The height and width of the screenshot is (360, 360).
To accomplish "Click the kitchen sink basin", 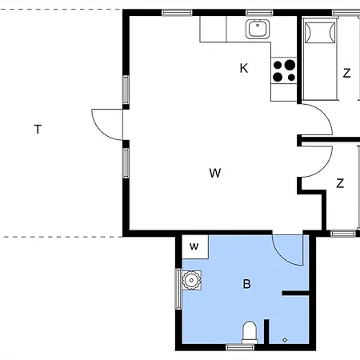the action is (x=258, y=29).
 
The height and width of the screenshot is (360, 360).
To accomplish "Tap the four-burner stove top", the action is (x=284, y=70).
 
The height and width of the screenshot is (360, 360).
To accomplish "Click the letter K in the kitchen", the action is (x=244, y=68).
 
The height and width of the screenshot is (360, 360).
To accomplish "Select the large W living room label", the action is (x=215, y=173).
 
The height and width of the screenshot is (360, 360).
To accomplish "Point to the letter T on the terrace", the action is (x=38, y=129).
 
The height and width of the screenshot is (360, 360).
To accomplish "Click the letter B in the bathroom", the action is (x=247, y=284).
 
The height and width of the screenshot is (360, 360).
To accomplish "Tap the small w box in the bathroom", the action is (x=195, y=246).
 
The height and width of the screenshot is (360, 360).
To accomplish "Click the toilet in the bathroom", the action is (x=250, y=333).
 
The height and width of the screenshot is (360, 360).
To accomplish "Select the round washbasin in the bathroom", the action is (x=191, y=280).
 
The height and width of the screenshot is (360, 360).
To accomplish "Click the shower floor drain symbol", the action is (x=285, y=340).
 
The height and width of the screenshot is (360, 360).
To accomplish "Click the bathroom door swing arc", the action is (x=282, y=257).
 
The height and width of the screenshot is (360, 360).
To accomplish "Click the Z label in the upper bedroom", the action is (x=346, y=73).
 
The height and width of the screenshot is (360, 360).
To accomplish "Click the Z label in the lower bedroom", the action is (x=340, y=183).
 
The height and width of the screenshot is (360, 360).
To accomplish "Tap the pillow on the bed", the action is (x=320, y=33).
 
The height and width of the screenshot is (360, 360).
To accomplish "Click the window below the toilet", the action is (x=240, y=347).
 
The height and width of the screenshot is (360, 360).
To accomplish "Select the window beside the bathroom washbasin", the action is (x=178, y=289).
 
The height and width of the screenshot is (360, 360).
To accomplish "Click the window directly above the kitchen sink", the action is (x=259, y=13).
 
